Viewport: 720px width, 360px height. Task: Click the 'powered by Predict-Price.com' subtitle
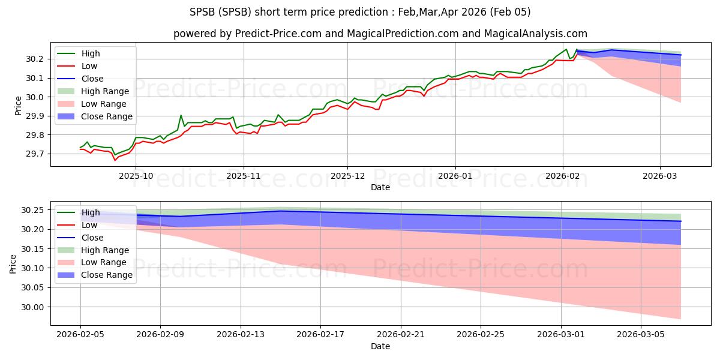tap(380, 34)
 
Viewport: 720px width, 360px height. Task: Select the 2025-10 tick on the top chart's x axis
tap(135, 176)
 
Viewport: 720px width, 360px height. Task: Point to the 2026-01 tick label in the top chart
tap(455, 176)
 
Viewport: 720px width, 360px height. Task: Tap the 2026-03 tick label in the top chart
tap(660, 176)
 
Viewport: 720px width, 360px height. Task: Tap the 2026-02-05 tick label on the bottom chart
tap(80, 335)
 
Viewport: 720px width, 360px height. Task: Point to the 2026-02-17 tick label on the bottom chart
tap(320, 335)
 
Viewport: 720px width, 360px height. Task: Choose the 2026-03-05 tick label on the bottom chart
tap(641, 335)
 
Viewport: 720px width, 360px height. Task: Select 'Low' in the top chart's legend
tap(89, 66)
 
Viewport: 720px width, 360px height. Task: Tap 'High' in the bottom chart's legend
tap(91, 212)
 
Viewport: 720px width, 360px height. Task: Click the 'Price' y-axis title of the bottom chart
tap(13, 263)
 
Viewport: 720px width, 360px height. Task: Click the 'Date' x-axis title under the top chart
tap(380, 187)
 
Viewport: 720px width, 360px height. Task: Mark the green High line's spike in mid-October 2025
tap(181, 115)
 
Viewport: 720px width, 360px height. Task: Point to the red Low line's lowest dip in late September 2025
tap(115, 160)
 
